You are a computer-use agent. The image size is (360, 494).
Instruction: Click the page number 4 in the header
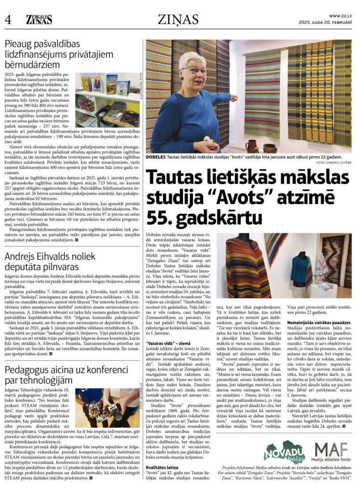[x=8, y=20]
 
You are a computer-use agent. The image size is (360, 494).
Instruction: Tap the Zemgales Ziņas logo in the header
[x=40, y=19]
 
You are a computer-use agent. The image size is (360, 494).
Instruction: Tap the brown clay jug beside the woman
[x=251, y=145]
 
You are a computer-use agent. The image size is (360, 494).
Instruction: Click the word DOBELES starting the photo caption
[x=157, y=157]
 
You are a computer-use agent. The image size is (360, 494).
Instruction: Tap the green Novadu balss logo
[x=284, y=452]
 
